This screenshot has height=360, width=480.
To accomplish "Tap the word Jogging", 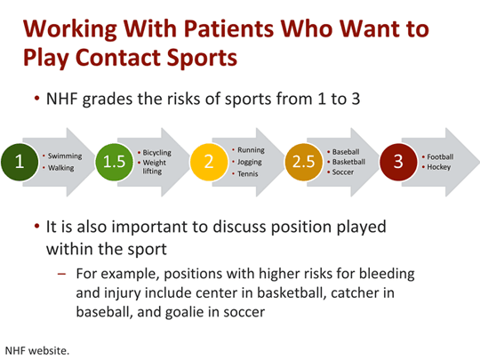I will click(251, 162).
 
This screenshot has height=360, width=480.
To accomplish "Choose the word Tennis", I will click(248, 173).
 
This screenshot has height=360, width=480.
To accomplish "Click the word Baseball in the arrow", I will click(345, 152).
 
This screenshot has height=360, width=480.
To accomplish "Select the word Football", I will click(439, 156).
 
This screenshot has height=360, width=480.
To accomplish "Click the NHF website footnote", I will click(37, 349).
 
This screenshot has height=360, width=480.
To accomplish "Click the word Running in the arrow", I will click(251, 150).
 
